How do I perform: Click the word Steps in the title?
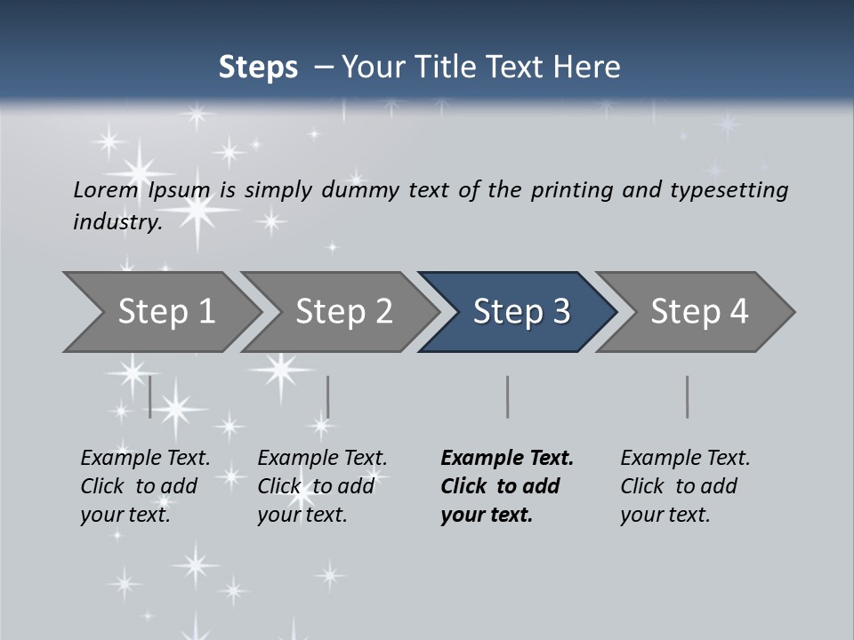pyautogui.click(x=258, y=68)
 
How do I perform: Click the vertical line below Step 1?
pyautogui.click(x=149, y=396)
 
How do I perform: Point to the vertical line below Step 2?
pyautogui.click(x=328, y=396)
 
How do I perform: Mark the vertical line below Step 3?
pyautogui.click(x=507, y=396)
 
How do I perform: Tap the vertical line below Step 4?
pyautogui.click(x=687, y=396)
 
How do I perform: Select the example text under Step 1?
pyautogui.click(x=145, y=486)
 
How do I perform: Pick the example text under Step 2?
pyautogui.click(x=322, y=486)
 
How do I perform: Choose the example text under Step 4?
pyautogui.click(x=685, y=486)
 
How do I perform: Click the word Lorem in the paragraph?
pyautogui.click(x=106, y=190)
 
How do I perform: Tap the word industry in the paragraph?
pyautogui.click(x=117, y=222)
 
